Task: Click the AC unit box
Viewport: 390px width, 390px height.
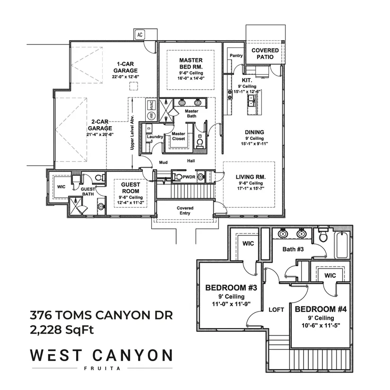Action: click(140, 35)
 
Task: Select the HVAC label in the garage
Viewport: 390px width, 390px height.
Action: click(151, 105)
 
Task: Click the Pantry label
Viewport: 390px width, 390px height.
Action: click(236, 55)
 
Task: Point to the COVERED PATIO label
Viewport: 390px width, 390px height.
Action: click(265, 53)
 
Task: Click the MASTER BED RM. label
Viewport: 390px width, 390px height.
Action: click(191, 63)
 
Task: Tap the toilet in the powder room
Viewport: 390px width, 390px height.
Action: click(178, 177)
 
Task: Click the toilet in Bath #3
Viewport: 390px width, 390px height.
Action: click(323, 235)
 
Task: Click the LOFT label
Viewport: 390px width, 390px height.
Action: click(276, 310)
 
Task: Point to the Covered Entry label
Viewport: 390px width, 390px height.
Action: click(185, 210)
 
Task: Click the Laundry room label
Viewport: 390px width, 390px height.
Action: click(155, 137)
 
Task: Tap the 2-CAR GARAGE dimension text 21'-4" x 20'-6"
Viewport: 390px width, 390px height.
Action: click(100, 134)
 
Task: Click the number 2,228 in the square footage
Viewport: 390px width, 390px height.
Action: click(46, 330)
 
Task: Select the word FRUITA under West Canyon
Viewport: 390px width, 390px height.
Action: click(102, 368)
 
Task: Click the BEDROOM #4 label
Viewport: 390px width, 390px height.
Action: click(321, 309)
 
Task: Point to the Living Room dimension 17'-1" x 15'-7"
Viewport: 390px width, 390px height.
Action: click(251, 188)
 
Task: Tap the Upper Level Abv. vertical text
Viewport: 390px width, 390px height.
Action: click(132, 132)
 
